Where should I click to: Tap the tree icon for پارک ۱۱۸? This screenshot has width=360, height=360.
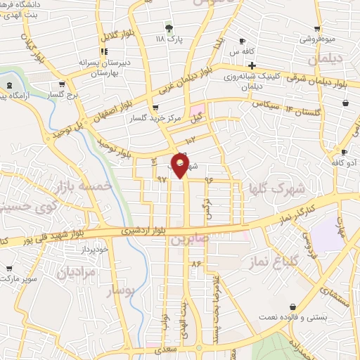pyautogui.click(x=168, y=28)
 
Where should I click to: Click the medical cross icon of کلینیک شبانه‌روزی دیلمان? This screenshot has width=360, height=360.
pyautogui.click(x=252, y=65)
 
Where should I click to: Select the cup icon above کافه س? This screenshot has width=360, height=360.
pyautogui.click(x=243, y=41)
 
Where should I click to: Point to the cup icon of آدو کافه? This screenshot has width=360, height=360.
pyautogui.click(x=344, y=152)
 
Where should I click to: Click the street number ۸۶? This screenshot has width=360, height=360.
pyautogui.click(x=195, y=263)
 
